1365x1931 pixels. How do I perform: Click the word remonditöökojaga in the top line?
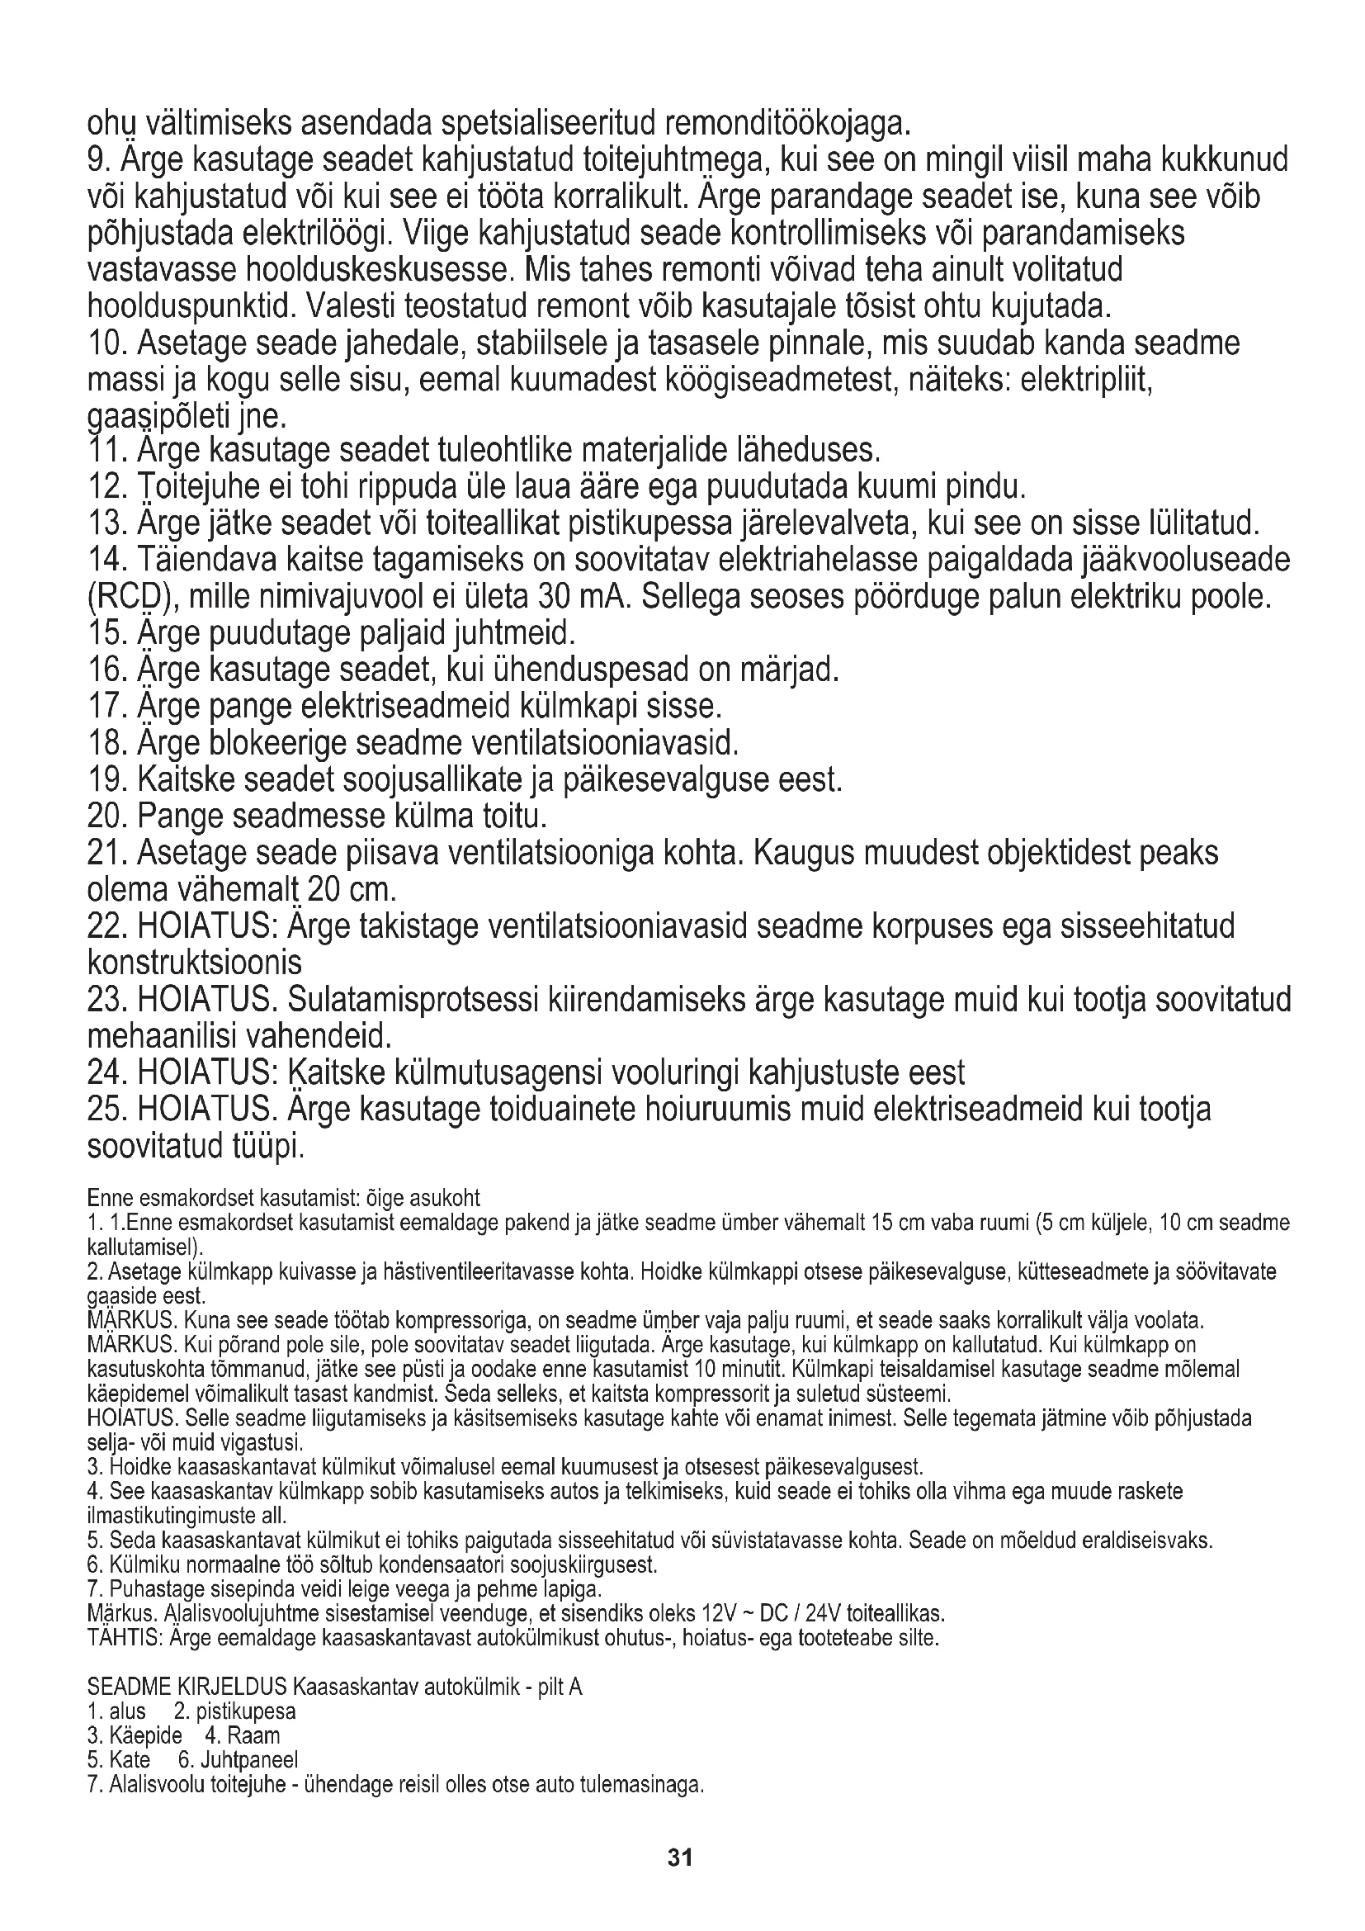coord(787,125)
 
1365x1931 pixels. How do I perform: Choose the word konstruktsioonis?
coord(195,962)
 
